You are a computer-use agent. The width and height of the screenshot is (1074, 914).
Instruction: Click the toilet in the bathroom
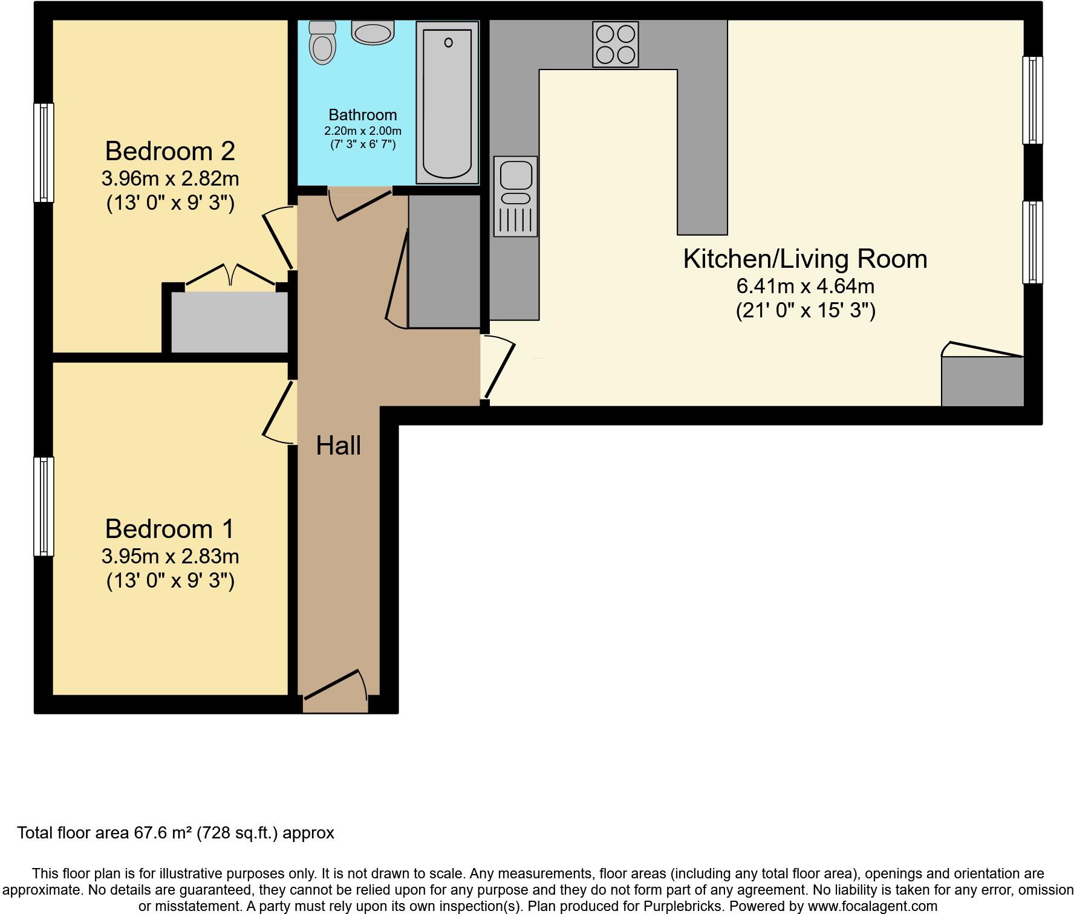coord(322,43)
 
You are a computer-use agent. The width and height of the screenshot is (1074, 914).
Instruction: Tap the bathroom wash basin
coord(373,33)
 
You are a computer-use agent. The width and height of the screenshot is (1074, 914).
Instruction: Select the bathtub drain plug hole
coord(448,42)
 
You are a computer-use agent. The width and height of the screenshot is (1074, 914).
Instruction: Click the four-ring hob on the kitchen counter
coord(616,44)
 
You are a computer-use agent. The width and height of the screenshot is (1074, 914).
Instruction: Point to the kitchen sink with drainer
coord(515,196)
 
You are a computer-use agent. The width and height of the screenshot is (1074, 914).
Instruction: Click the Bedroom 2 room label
coord(170,151)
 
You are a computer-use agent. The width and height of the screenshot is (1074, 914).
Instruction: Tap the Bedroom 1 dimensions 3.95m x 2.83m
coord(170,556)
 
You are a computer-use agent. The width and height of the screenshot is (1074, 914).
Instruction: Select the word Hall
coord(338,446)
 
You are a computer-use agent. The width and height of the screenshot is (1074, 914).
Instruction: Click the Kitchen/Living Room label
coord(805,259)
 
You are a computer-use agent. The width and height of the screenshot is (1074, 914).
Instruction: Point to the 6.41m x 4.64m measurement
coord(805,285)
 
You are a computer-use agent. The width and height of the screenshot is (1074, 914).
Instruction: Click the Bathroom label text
coord(362,115)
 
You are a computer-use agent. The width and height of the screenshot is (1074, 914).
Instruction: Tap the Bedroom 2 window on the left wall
coord(44,152)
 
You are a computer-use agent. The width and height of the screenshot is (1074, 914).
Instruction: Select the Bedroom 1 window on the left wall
coord(44,506)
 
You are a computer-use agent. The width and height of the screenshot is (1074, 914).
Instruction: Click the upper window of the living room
coord(1032,100)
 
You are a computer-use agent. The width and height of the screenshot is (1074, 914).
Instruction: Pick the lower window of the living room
coord(1032,242)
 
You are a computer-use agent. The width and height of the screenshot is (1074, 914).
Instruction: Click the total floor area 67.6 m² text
coord(175,833)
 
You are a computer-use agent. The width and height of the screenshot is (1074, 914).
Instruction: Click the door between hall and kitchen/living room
coord(498,369)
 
